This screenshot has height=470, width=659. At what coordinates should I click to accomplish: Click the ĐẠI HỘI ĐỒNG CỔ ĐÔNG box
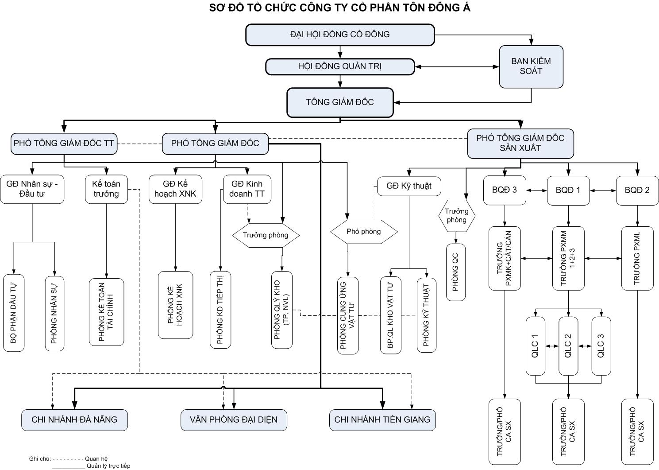[x=340, y=35]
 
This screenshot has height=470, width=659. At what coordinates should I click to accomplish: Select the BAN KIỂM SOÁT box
[x=531, y=66]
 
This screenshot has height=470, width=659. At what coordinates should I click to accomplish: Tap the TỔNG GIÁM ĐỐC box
[x=340, y=102]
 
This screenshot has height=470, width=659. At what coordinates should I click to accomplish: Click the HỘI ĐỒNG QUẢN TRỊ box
[x=340, y=67]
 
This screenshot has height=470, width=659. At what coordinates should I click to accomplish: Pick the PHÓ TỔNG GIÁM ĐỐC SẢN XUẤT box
[x=520, y=143]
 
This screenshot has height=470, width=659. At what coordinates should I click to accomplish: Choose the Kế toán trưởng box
[x=106, y=189]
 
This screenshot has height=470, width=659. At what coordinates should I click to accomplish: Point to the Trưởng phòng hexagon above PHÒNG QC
[x=456, y=216]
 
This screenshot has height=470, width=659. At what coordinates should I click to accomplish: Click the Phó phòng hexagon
[x=364, y=231]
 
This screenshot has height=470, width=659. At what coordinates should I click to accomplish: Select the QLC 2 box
[x=568, y=346]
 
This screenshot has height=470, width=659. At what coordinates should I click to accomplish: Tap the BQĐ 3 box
[x=505, y=190]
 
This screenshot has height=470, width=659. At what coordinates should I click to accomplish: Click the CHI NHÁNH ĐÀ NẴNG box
[x=74, y=420]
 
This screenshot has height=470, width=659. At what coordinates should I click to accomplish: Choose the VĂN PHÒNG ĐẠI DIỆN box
[x=234, y=420]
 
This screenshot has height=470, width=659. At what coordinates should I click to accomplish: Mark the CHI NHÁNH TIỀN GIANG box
[x=382, y=420]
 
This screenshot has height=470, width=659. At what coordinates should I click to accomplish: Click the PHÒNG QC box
[x=456, y=272]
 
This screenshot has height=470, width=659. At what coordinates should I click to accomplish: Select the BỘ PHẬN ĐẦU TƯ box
[x=14, y=313]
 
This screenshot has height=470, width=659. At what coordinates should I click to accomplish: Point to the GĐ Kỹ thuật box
[x=409, y=186]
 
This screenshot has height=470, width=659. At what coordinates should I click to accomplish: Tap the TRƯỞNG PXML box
[x=637, y=258]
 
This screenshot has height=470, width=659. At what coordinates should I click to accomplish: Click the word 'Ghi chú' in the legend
[x=40, y=459]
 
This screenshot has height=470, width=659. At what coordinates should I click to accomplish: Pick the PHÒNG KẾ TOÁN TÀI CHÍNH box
[x=106, y=312]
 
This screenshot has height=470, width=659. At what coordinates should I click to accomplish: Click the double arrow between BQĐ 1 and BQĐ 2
[x=603, y=190]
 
